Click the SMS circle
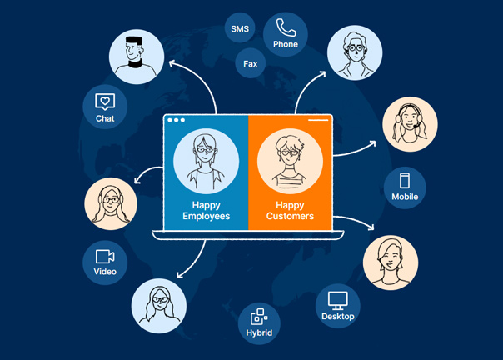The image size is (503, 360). pos(241,30)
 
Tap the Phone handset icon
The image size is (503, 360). pos(286,27)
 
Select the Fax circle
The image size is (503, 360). pos(251,63)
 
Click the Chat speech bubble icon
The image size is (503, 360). pos(105,102)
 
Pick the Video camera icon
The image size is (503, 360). pos(105,256)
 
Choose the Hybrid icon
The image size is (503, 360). pos(259,316)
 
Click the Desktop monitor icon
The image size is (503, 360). pos(338,299)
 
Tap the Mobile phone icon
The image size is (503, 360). pos(405,181)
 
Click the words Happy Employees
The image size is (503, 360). pos(206,210)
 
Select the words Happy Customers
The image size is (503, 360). pos(290,210)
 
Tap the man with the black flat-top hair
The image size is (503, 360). pos(136,57)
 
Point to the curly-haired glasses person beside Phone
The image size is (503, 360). pos(355,52)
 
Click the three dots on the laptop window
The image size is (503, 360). pos(176,121)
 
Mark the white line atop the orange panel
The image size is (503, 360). pos(318,120)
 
